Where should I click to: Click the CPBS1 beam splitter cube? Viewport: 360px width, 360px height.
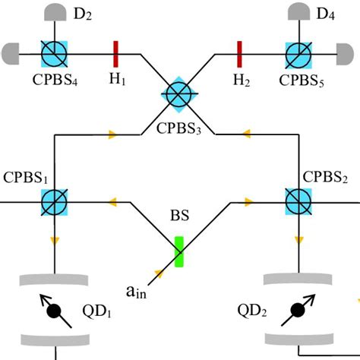tap(55, 203)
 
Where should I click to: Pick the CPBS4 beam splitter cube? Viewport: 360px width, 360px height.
tap(55, 54)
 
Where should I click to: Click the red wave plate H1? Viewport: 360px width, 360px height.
tap(116, 54)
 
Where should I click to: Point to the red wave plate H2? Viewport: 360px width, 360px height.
tap(240, 54)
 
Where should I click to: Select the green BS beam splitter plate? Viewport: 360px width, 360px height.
tap(179, 251)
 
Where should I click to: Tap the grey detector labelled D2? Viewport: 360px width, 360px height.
tap(55, 11)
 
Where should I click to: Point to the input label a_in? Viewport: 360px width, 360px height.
tap(137, 289)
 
